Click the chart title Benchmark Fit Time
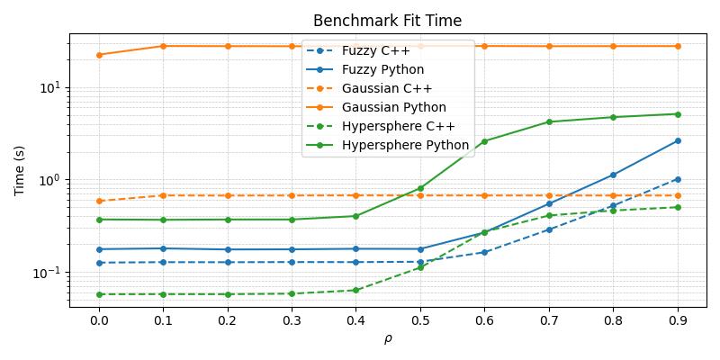(x=387, y=21)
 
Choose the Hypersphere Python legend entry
(x=405, y=145)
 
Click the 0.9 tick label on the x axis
(x=677, y=320)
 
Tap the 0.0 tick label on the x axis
(x=99, y=320)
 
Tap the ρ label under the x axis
(x=388, y=339)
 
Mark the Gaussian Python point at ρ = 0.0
(x=99, y=55)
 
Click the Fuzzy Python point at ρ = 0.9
(x=677, y=140)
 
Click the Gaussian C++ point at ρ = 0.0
(x=99, y=201)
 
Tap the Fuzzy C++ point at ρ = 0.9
(x=677, y=179)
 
